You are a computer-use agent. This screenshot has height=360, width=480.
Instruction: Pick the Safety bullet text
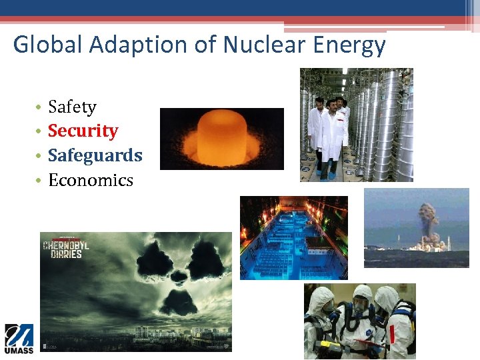point(72,107)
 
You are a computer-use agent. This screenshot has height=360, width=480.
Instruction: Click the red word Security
point(83,131)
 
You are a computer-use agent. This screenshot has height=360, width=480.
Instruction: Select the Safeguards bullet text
point(95,155)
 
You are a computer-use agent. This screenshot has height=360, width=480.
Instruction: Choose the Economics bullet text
point(91,180)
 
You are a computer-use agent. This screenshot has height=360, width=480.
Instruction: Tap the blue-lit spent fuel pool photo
point(293,237)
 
